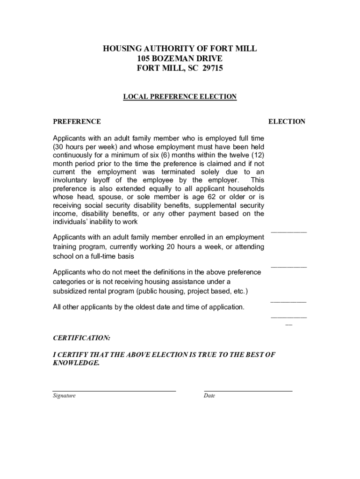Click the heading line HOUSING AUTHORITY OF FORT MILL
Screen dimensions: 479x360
tap(180, 49)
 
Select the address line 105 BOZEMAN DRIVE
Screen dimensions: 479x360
tap(180, 58)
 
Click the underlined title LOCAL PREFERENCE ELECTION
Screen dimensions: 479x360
tap(180, 97)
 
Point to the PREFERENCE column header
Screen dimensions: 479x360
tap(77, 122)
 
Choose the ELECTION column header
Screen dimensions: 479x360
tap(287, 122)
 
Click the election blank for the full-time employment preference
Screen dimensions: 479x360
tap(289, 231)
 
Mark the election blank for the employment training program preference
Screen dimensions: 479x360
tap(289, 266)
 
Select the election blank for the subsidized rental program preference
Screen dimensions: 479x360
tap(289, 301)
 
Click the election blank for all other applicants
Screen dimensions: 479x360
tap(289, 317)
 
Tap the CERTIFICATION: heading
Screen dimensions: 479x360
tap(81, 337)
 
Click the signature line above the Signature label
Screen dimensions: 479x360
tap(114, 390)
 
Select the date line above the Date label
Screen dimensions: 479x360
tap(248, 390)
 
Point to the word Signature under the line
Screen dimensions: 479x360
tap(64, 396)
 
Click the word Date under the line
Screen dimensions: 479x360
tap(209, 396)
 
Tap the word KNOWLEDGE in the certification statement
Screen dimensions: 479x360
tap(76, 363)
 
